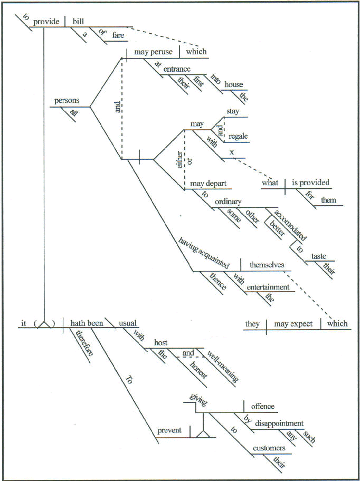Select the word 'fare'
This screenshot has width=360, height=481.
(117, 36)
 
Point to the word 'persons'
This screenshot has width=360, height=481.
(67, 101)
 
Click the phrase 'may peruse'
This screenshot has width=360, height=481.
(151, 52)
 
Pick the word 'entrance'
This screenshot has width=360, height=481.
(176, 69)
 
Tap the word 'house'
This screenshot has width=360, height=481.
(234, 84)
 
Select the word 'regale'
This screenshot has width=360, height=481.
(238, 137)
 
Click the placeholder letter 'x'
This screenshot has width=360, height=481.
(231, 152)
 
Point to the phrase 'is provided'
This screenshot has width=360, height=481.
(310, 182)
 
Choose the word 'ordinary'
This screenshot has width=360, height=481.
(228, 201)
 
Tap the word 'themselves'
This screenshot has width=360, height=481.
(267, 265)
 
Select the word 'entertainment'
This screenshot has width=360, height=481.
(268, 287)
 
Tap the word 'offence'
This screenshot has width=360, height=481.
(262, 407)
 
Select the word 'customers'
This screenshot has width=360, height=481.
(269, 448)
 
